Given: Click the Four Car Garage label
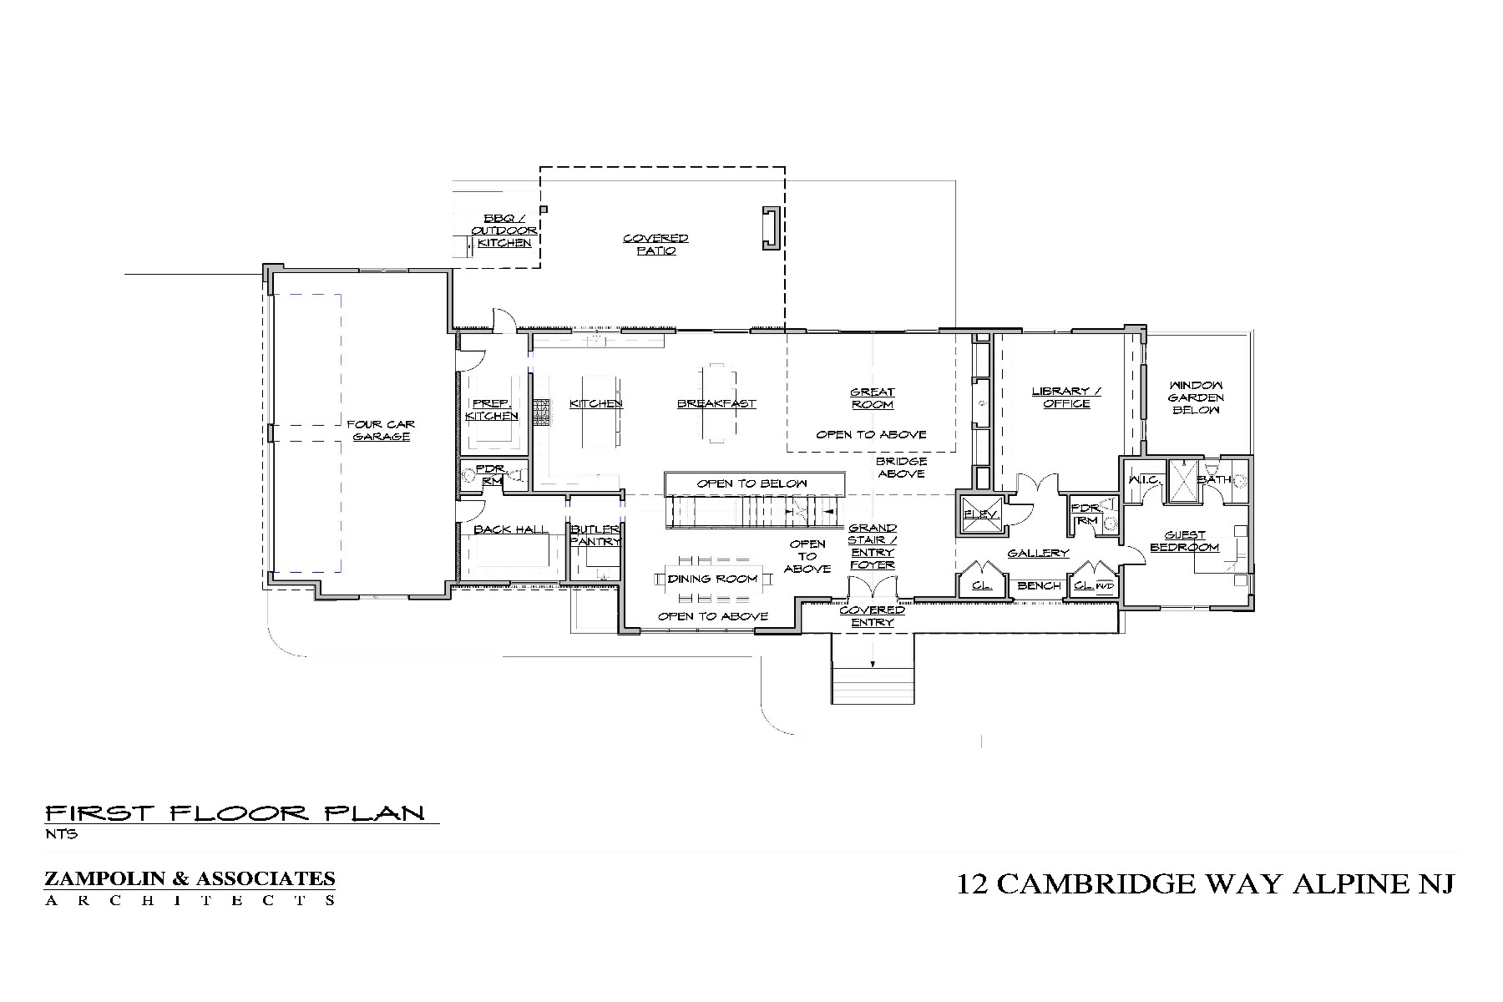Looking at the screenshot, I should coord(381,430).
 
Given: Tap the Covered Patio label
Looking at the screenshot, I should coord(655,245).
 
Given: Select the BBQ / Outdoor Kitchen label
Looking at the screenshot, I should coord(504,230).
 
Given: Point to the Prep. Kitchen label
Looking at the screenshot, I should coord(492,409).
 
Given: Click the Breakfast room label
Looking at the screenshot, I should coord(716,404).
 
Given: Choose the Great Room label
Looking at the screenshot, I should coord(873,398).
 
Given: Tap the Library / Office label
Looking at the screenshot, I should coord(1066,397).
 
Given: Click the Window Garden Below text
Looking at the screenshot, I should coord(1196,397).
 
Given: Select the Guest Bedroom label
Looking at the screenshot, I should coord(1184,541).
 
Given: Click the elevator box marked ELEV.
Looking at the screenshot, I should coord(981,515).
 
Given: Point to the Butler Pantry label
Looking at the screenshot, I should coord(595,535).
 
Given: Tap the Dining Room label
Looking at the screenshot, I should coord(712,579).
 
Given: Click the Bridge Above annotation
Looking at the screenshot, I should coord(901,467).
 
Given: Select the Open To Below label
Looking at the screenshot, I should coord(752,483).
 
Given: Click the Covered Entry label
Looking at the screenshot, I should coord(872,616).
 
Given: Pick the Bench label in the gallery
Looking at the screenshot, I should coord(1039,585).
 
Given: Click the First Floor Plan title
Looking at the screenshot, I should coord(235,812).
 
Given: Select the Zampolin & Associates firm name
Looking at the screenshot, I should coord(190,878).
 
